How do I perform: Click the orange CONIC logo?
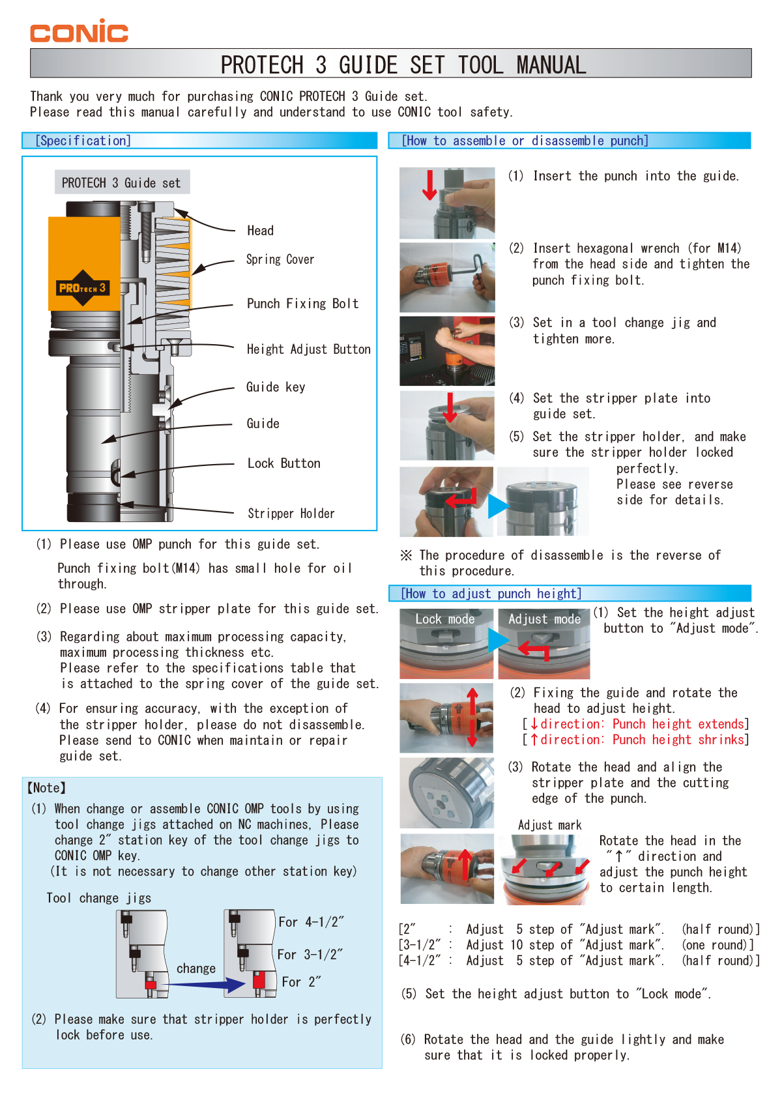click(79, 31)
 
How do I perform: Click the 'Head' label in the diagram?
click(260, 231)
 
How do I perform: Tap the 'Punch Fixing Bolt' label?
click(302, 304)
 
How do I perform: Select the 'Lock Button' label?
click(283, 463)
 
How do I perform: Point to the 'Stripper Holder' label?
click(291, 514)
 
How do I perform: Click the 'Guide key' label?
click(275, 387)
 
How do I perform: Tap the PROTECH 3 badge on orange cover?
click(82, 288)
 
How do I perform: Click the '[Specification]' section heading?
click(83, 141)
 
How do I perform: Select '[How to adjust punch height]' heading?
click(491, 594)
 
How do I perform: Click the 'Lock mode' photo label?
click(445, 619)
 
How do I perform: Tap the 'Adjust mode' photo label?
click(544, 619)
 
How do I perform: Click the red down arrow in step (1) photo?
click(429, 185)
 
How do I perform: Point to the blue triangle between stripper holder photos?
click(498, 506)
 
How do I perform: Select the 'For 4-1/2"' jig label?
click(311, 922)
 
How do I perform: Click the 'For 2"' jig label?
click(301, 982)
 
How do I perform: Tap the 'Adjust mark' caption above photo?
click(549, 825)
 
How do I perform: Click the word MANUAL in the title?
click(551, 65)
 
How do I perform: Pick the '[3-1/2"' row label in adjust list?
click(419, 945)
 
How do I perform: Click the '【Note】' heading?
click(46, 788)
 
